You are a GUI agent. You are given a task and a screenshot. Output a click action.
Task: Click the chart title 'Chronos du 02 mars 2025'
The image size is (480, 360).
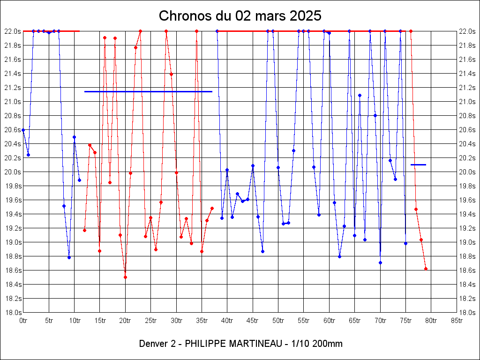coord(240,15)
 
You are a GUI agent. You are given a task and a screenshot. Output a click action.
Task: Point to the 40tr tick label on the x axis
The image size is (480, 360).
coord(227,321)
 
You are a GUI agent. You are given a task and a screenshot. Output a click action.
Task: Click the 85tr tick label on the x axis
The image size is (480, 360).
coord(457,321)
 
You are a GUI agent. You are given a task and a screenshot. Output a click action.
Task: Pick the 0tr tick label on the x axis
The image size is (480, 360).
coord(23,321)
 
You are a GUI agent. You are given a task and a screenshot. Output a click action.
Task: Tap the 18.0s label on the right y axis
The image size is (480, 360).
coord(467,312)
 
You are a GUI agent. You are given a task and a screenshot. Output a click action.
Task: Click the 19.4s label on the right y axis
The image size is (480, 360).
coord(467,214)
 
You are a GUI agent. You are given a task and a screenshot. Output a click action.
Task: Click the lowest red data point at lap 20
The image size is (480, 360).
coord(125,277)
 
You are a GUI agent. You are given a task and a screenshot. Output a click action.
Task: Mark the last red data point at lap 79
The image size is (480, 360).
coord(426,269)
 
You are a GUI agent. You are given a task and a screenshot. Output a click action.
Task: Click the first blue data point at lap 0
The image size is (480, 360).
coord(23,130)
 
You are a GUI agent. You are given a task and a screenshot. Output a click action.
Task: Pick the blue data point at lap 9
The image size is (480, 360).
coord(69,257)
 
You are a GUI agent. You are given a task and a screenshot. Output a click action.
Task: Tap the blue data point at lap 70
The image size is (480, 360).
coord(380,262)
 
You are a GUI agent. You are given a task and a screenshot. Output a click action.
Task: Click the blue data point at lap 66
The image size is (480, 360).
coord(360,95)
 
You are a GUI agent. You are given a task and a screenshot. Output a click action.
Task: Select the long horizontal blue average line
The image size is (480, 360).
coord(148,91)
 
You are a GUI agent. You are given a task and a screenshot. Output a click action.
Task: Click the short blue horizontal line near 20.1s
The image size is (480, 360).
coord(418,165)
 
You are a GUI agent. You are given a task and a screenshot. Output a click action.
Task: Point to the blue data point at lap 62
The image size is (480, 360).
coord(339,256)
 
